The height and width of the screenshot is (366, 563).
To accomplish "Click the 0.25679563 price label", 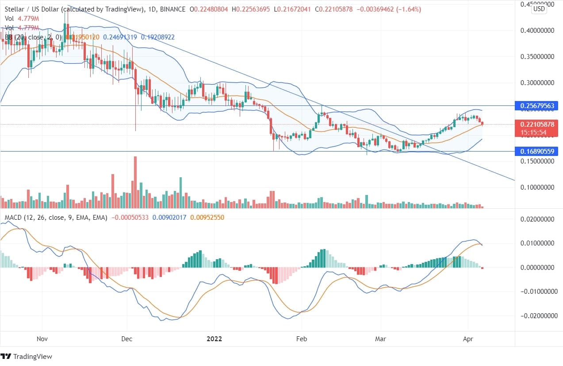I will pos(536,106).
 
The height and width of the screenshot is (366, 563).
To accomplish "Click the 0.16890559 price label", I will pos(536,152).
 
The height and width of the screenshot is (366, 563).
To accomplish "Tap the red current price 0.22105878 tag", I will pos(536,125).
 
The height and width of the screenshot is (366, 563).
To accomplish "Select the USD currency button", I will pos(539,9).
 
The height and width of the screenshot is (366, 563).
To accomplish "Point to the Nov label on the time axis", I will pos(42,339).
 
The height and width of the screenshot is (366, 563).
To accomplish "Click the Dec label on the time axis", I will pos(127,339).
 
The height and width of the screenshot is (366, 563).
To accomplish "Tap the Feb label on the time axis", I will pos(301,339).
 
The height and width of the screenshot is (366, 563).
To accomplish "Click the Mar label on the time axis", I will pos(380,339).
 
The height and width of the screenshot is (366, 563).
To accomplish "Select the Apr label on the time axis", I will pos(468,339).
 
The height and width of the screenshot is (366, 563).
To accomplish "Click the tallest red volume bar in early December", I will pos(135,182).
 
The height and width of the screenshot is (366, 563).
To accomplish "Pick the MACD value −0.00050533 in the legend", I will pos(130,218).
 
